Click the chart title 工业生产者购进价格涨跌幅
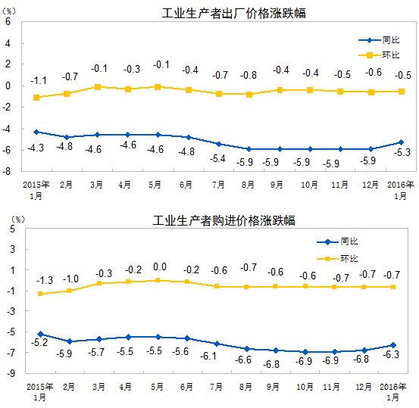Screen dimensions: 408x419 point(224,221)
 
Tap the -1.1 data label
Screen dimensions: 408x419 point(38,80)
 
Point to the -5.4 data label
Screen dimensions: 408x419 point(217,157)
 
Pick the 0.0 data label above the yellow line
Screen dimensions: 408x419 point(158,266)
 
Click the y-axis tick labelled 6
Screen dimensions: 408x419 point(8,21)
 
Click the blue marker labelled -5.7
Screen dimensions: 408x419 point(98,339)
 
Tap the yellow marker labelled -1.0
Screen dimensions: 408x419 point(69,291)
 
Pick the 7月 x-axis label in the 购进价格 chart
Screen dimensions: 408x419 point(217,387)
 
